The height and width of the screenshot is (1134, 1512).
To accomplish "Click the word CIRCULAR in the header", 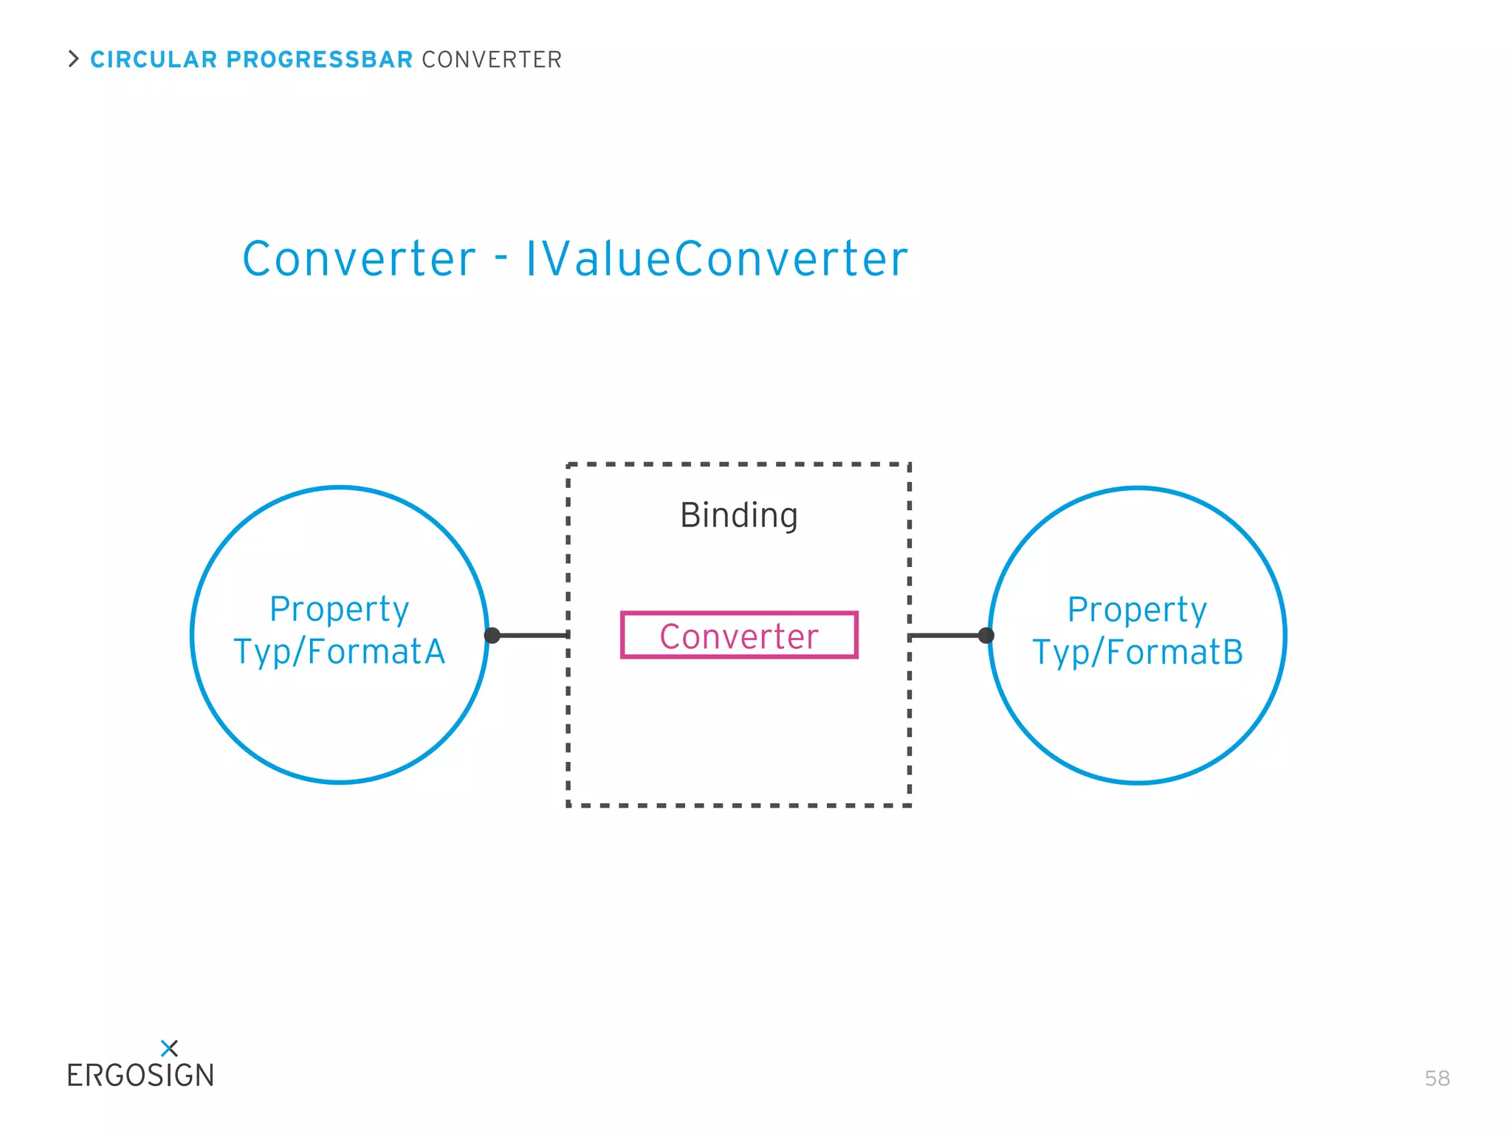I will pyautogui.click(x=154, y=60).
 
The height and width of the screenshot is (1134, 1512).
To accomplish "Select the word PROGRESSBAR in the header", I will pyautogui.click(x=319, y=60).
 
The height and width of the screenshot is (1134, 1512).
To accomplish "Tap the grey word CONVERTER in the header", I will pyautogui.click(x=492, y=60).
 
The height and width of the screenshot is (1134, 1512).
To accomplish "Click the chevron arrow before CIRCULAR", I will pyautogui.click(x=73, y=59).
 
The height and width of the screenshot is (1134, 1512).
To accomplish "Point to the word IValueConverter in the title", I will pyautogui.click(x=716, y=259).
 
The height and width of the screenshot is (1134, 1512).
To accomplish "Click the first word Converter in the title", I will pyautogui.click(x=360, y=259).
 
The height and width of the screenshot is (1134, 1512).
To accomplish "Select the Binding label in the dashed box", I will pyautogui.click(x=738, y=515).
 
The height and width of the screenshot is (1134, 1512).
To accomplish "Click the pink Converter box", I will pyautogui.click(x=739, y=636).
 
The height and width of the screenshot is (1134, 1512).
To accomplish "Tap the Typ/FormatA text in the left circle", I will pyautogui.click(x=340, y=652).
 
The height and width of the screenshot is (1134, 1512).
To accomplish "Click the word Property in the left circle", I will pyautogui.click(x=340, y=610).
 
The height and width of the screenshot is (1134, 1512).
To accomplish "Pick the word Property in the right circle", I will pyautogui.click(x=1138, y=611).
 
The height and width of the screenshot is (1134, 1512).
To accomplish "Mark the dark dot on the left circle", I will pyautogui.click(x=492, y=636).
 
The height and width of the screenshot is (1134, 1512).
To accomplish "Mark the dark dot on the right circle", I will pyautogui.click(x=986, y=636).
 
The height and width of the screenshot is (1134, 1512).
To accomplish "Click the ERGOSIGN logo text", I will pyautogui.click(x=140, y=1076).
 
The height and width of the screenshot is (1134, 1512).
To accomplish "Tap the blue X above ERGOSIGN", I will pyautogui.click(x=169, y=1048).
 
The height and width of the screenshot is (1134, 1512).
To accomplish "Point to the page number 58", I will pyautogui.click(x=1437, y=1079).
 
